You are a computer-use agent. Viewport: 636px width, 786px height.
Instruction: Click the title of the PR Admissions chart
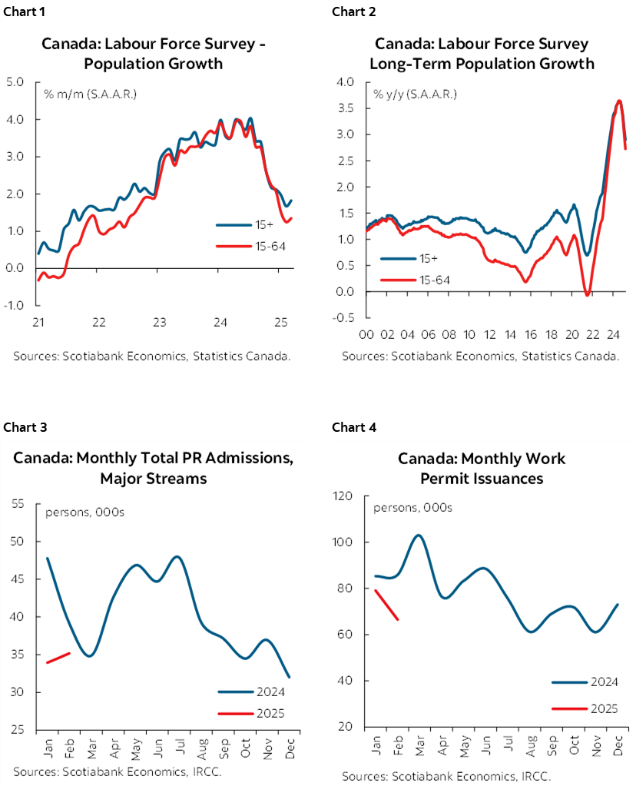point(154,469)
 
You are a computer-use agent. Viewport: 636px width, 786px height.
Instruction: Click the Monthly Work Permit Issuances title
point(482,469)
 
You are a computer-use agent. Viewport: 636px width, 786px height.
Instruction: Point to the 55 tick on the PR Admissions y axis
point(18,504)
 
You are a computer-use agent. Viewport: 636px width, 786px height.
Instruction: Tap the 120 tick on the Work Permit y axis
point(343,496)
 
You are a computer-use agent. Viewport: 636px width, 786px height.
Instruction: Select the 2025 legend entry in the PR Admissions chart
point(250,714)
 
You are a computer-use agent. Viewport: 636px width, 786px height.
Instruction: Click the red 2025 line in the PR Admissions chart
point(58,658)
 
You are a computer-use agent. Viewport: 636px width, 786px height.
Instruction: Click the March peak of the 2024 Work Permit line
point(418,535)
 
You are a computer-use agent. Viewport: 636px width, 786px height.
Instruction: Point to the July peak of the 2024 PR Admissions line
point(177,556)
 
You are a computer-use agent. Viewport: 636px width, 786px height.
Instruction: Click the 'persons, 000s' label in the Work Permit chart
point(412,508)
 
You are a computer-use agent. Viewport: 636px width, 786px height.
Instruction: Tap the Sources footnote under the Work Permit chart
point(446,775)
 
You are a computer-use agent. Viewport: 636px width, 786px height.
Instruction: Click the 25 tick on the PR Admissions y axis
point(18,730)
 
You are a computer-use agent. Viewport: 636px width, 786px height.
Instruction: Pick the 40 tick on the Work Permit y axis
point(346,681)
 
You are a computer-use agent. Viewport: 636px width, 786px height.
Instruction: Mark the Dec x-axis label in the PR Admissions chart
point(290,745)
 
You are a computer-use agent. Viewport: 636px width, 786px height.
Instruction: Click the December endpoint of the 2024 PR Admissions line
point(290,677)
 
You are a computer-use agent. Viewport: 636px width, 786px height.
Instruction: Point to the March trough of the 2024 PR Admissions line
point(90,655)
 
